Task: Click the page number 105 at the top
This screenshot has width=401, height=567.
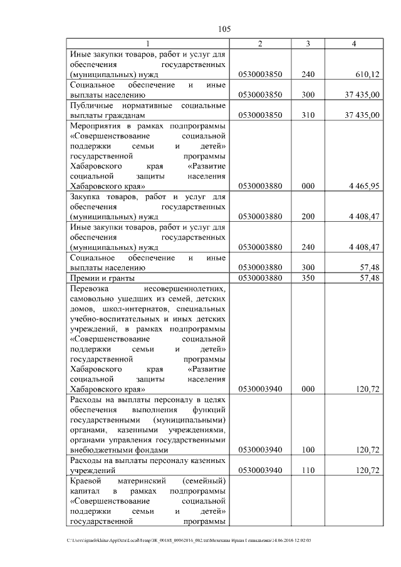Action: [x=225, y=29]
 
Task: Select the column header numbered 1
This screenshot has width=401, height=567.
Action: [x=148, y=43]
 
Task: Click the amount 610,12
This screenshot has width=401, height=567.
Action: [x=367, y=74]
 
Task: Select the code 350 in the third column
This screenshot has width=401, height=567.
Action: [x=308, y=278]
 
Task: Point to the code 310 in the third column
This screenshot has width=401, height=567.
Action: [x=308, y=115]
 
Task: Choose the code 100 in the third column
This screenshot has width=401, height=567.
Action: [x=308, y=449]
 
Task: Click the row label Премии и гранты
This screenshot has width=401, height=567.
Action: [x=103, y=278]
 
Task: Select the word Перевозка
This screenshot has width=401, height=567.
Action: [x=90, y=289]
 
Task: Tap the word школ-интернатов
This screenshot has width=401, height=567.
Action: [x=123, y=309]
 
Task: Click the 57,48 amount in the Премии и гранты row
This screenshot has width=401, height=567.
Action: [x=369, y=278]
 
